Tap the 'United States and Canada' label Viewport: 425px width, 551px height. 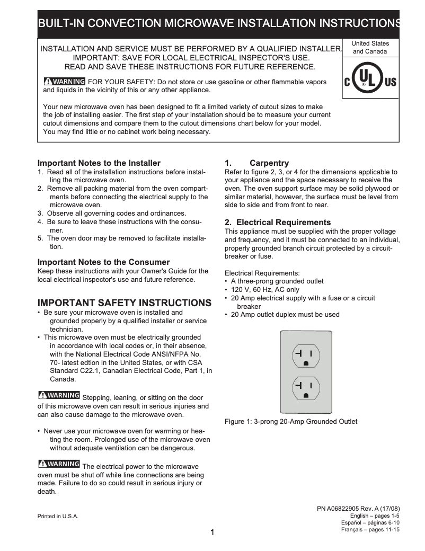370,48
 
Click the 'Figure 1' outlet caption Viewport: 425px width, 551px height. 291,422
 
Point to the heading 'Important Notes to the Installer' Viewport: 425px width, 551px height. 99,163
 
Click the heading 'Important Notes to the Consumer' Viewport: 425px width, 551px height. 103,262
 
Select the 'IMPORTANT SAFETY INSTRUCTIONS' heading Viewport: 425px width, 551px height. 124,303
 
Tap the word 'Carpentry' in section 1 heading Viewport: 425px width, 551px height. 269,163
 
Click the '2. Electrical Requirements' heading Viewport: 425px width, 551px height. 278,223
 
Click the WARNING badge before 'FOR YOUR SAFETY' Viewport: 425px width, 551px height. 64,81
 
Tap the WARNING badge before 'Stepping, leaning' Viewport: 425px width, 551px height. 59,396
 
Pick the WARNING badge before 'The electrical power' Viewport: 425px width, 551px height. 59,464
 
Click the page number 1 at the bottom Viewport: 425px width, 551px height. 212,532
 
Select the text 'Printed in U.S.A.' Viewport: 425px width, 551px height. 58,517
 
